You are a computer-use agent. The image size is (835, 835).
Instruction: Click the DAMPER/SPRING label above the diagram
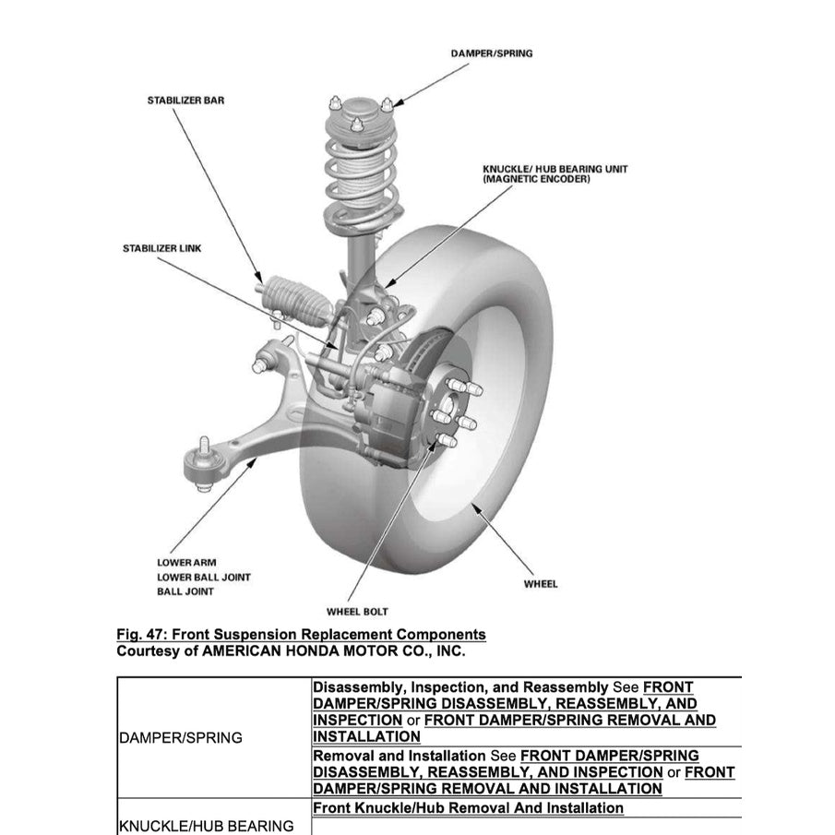pyautogui.click(x=491, y=54)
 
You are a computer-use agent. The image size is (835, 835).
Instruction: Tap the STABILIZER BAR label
pyautogui.click(x=185, y=100)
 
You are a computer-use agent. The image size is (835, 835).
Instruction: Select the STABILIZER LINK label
pyautogui.click(x=161, y=248)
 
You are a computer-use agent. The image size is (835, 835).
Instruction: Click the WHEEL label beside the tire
pyautogui.click(x=540, y=584)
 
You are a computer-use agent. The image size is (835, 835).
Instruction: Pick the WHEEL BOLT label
pyautogui.click(x=357, y=612)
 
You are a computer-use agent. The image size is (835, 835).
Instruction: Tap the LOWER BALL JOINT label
pyautogui.click(x=203, y=578)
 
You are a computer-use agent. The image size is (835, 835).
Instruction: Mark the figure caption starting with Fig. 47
pyautogui.click(x=301, y=635)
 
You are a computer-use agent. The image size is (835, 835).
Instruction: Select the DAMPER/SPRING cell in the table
pyautogui.click(x=181, y=737)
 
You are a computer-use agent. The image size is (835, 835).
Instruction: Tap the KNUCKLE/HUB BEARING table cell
pyautogui.click(x=206, y=826)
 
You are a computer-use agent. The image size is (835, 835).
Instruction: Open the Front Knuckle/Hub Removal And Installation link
pyautogui.click(x=468, y=808)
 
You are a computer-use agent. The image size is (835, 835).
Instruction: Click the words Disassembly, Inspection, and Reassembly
pyautogui.click(x=461, y=687)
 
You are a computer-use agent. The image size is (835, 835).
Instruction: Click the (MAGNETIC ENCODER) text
pyautogui.click(x=536, y=179)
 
